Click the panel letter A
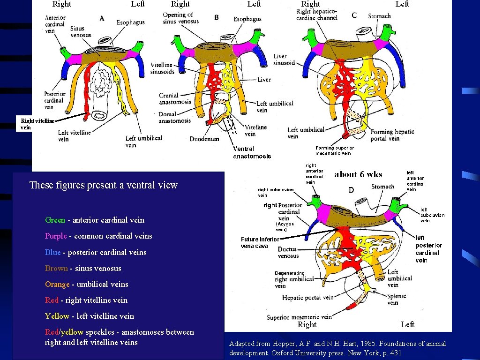click(102, 18)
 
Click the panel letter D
click(351, 190)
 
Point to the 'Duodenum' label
click(204, 139)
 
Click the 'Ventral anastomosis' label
click(252, 152)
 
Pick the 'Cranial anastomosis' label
click(175, 98)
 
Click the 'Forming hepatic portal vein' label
click(392, 135)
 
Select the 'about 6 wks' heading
click(358, 174)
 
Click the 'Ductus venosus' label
click(288, 253)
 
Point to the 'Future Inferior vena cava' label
click(260, 242)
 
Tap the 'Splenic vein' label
click(397, 299)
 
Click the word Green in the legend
click(55, 220)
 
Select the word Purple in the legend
click(56, 236)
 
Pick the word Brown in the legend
click(56, 268)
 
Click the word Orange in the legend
click(57, 284)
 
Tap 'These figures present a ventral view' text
click(103, 185)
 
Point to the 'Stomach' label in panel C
click(379, 16)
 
